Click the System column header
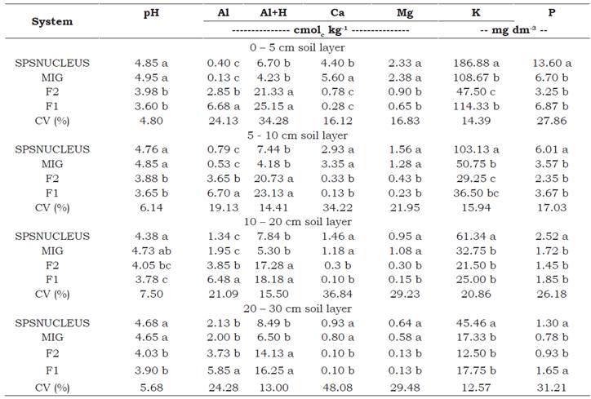(x=51, y=21)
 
